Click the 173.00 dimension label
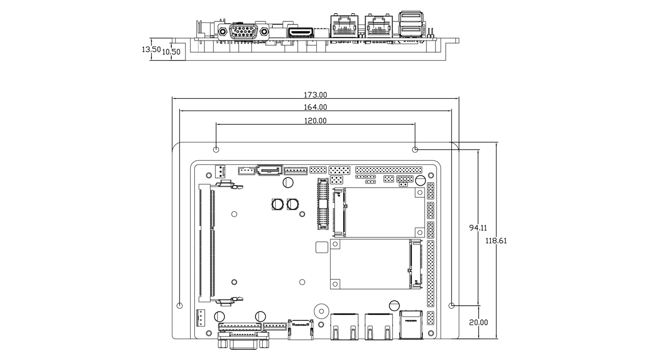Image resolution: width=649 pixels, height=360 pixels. coord(315,95)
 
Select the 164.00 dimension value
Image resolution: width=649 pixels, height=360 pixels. coord(315,107)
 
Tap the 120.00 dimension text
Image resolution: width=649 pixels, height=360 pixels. coord(315,121)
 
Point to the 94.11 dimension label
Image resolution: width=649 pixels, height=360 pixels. coord(478,228)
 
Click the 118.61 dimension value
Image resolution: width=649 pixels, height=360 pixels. coord(496,241)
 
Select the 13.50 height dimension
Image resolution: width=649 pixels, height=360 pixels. coord(151,50)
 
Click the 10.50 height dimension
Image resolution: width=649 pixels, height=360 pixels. coord(171,52)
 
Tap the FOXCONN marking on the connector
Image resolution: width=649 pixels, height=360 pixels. coord(410,320)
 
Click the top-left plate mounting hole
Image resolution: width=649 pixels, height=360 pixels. coord(216,149)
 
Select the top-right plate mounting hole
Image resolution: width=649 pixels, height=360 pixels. coord(415,149)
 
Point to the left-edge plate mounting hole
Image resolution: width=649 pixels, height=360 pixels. coord(179,306)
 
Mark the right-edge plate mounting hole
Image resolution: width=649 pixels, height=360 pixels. coord(452,306)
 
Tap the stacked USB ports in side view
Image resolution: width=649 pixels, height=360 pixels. coord(410,24)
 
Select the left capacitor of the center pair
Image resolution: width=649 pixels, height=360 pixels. coord(277,204)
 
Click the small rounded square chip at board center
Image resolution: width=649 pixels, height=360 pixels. coord(321,248)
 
